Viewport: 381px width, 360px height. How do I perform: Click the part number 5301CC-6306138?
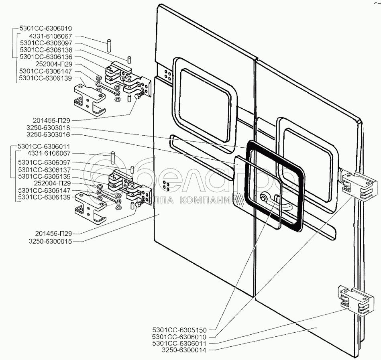point(46,50)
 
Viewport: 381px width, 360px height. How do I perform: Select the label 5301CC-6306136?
point(46,57)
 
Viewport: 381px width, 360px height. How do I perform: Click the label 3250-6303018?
point(48,128)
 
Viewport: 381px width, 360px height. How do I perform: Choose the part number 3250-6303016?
point(48,134)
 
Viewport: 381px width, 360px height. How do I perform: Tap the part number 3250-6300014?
point(184,350)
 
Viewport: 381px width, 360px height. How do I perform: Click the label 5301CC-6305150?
point(179,330)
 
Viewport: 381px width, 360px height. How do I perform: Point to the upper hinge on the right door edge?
point(359,185)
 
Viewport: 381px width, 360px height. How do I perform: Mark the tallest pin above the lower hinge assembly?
point(112,157)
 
